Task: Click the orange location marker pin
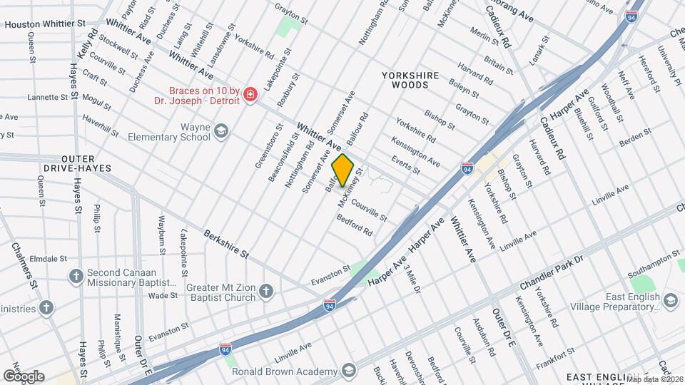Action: (x=343, y=170)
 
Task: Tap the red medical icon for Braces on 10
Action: (x=250, y=95)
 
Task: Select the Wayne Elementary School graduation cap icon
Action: (x=221, y=130)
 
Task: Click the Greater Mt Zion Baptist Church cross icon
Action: (x=265, y=291)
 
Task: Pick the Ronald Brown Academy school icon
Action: (x=348, y=371)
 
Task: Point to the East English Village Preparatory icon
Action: (x=670, y=301)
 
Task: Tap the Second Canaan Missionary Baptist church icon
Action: (x=76, y=276)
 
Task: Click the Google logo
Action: (x=23, y=376)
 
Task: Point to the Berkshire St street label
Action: (x=225, y=243)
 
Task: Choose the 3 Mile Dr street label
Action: (x=412, y=278)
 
